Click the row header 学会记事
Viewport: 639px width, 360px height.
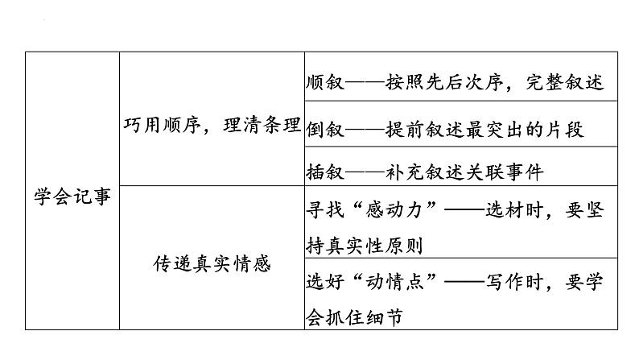(x=72, y=197)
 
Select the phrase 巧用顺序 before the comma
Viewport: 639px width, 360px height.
(x=163, y=125)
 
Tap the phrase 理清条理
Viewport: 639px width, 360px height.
(x=262, y=125)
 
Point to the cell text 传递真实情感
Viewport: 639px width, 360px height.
(x=212, y=264)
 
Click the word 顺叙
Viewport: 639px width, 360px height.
(x=325, y=82)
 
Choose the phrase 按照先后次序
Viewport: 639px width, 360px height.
(x=444, y=82)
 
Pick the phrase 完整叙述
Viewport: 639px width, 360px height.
(x=565, y=82)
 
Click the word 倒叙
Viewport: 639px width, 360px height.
(x=325, y=129)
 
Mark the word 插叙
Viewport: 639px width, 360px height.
(x=325, y=172)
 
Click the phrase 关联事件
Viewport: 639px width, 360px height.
(x=505, y=172)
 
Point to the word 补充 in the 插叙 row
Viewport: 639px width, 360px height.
(x=405, y=172)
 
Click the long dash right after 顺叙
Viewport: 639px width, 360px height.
(x=365, y=82)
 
